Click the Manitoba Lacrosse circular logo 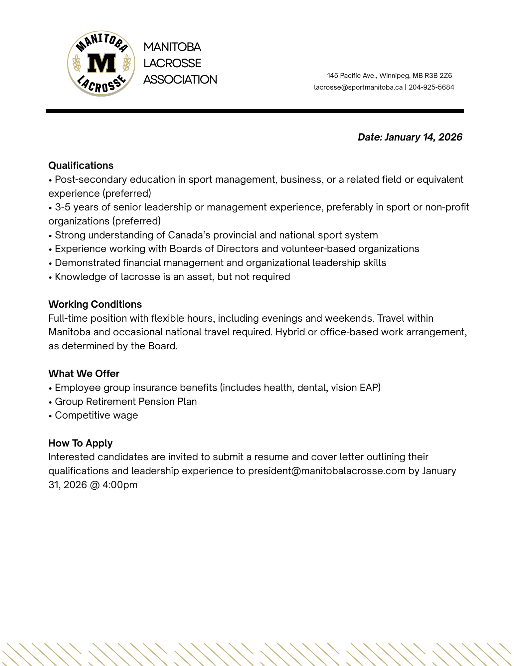click(101, 63)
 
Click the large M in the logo click(101, 63)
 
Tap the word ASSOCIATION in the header click(180, 80)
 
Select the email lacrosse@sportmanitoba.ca click(358, 87)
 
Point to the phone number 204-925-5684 click(431, 87)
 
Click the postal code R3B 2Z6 click(438, 76)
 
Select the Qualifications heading click(81, 166)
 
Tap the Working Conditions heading click(95, 304)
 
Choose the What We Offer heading click(84, 374)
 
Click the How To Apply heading click(81, 443)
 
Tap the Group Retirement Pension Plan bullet click(126, 402)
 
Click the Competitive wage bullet click(96, 416)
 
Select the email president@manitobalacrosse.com click(327, 471)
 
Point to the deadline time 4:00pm click(120, 485)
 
